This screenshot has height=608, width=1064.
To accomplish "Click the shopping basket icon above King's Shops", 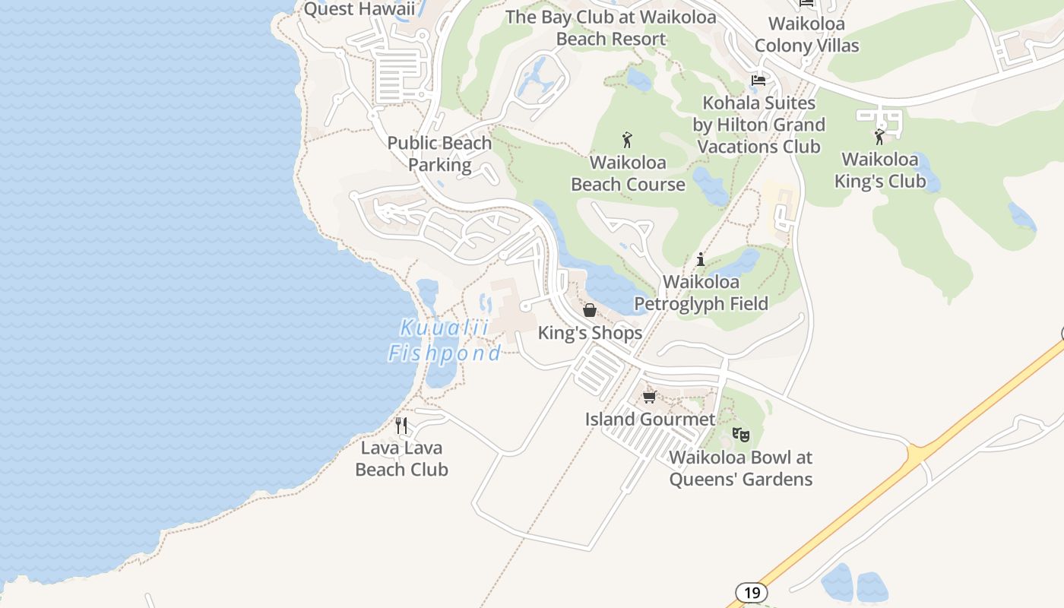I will (590, 310).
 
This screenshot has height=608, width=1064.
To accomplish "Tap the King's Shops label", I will (590, 333).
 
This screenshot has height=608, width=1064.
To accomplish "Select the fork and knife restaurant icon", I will (401, 426).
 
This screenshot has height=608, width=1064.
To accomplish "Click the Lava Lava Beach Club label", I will (401, 459).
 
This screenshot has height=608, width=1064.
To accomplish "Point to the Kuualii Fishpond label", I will (445, 340).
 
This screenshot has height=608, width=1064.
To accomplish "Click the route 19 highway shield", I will (751, 593).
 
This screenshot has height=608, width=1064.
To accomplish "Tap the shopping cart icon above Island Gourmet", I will (650, 397).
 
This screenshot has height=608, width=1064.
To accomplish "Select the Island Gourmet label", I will (650, 419).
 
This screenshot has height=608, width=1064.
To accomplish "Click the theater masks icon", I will (740, 435).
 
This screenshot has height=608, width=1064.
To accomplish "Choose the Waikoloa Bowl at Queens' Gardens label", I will (740, 468).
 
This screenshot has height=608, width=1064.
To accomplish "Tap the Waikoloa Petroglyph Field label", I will (701, 293).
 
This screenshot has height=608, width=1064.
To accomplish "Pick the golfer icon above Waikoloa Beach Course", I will (627, 140).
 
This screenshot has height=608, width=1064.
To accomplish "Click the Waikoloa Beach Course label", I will (628, 173).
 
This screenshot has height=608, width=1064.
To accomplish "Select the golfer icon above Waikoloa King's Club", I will (879, 137).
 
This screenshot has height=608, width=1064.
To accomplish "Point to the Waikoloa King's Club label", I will (880, 170).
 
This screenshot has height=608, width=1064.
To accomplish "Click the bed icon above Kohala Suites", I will (758, 80).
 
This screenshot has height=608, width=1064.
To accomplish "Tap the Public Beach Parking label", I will (439, 154).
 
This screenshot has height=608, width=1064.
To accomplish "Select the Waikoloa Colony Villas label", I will (806, 34).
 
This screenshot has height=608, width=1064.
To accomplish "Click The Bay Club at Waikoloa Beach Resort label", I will (611, 28).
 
